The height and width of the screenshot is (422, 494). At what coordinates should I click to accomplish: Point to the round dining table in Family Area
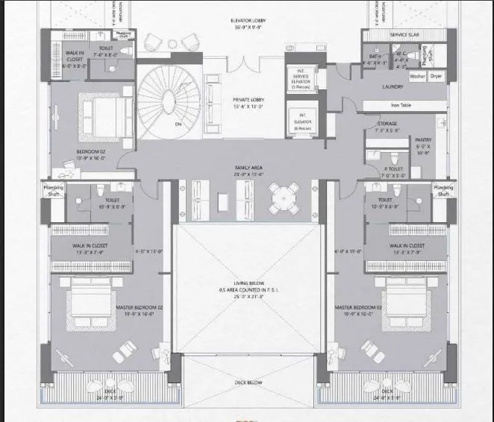(x=283, y=198)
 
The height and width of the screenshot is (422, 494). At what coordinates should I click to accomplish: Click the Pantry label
(x=424, y=139)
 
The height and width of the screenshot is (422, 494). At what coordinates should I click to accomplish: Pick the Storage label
(x=387, y=125)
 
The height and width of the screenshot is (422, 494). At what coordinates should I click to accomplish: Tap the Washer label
(x=417, y=76)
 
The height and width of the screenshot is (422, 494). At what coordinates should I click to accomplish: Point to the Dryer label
(x=437, y=76)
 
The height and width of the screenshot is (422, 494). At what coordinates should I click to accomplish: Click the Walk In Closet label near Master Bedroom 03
(x=407, y=245)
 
